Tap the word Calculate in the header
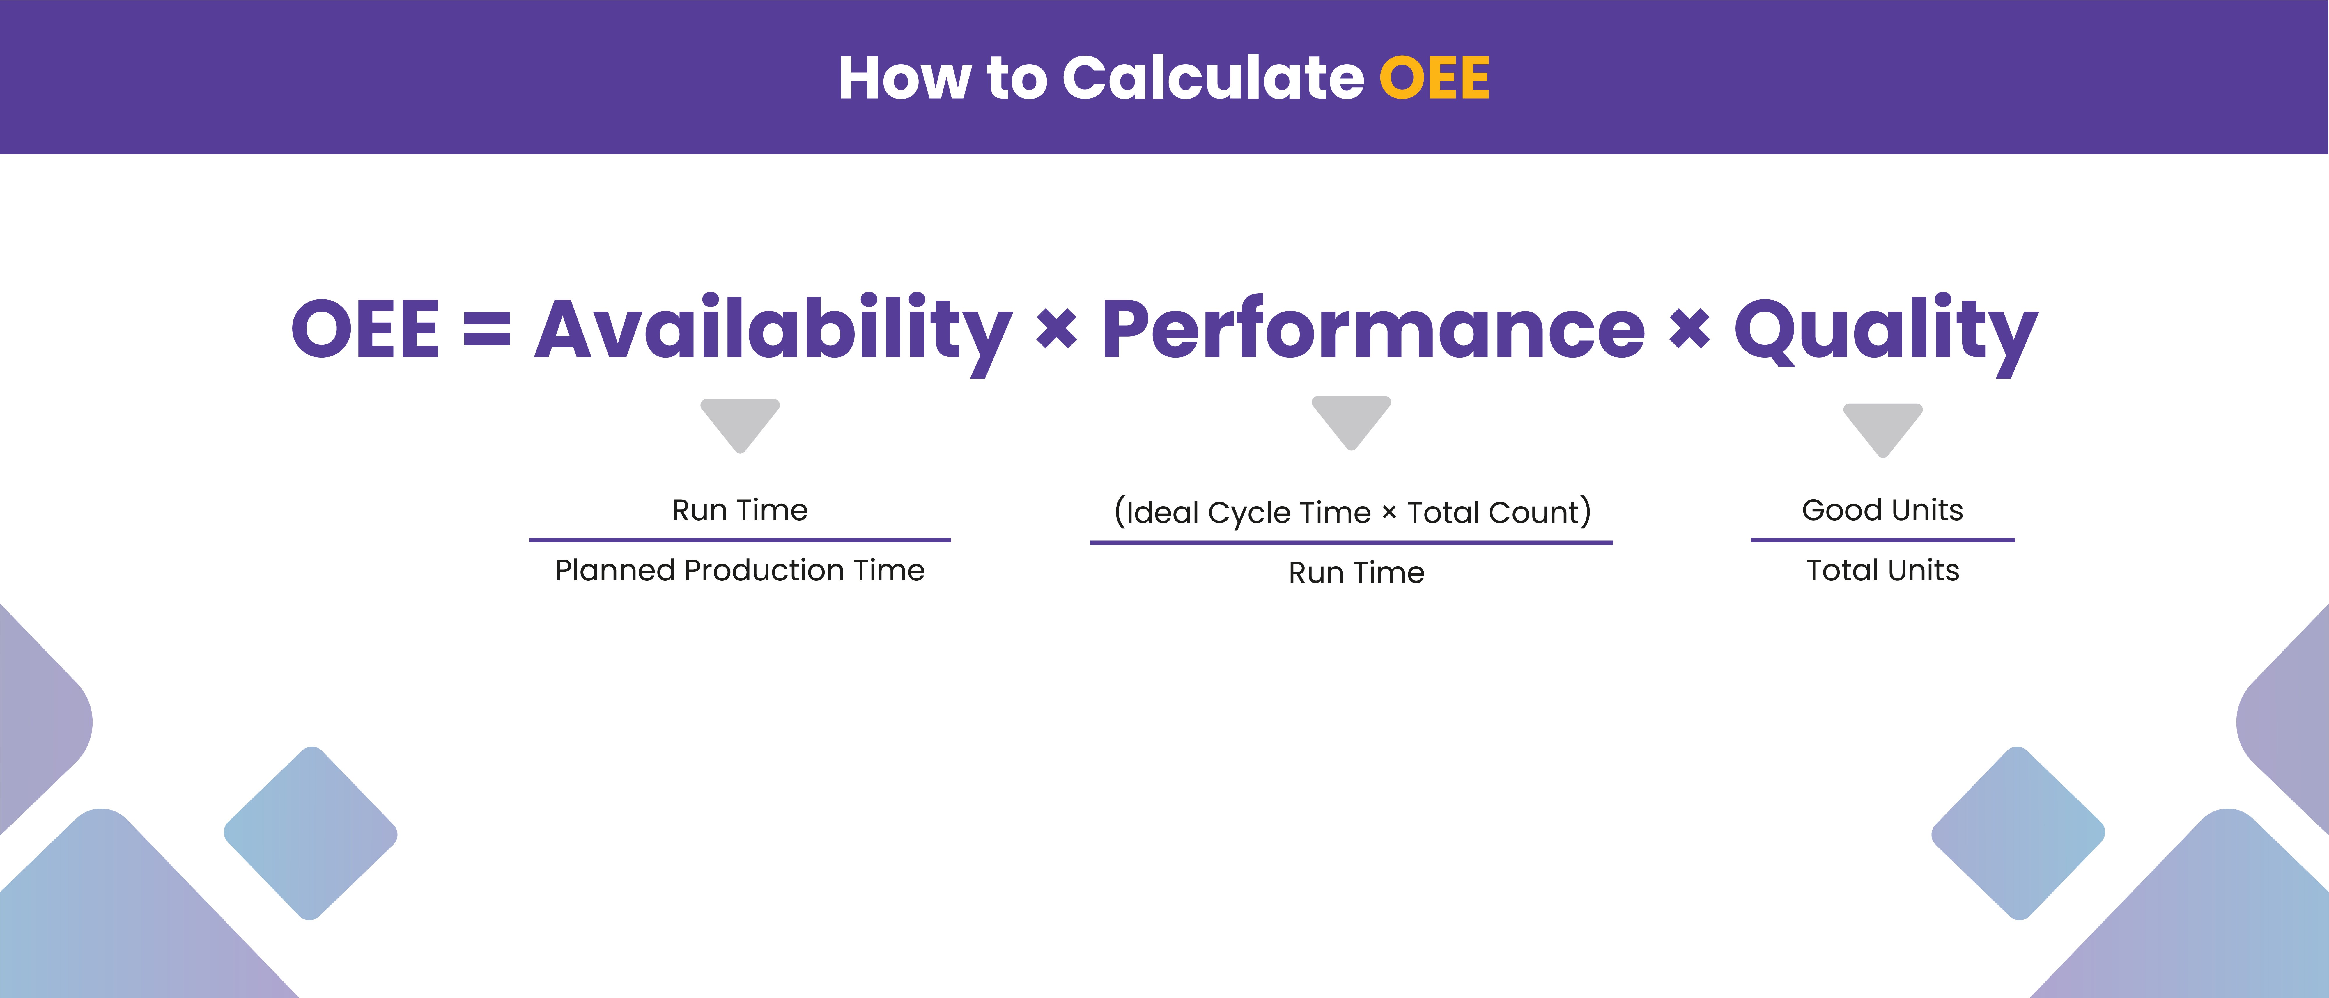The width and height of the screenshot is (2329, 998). (1212, 78)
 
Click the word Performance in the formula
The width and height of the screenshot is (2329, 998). (1372, 330)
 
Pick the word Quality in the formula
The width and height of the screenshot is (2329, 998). (1885, 330)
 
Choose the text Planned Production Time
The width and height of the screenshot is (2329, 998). (740, 570)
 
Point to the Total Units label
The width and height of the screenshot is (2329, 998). (1882, 570)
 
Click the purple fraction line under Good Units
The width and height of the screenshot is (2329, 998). (1882, 540)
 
